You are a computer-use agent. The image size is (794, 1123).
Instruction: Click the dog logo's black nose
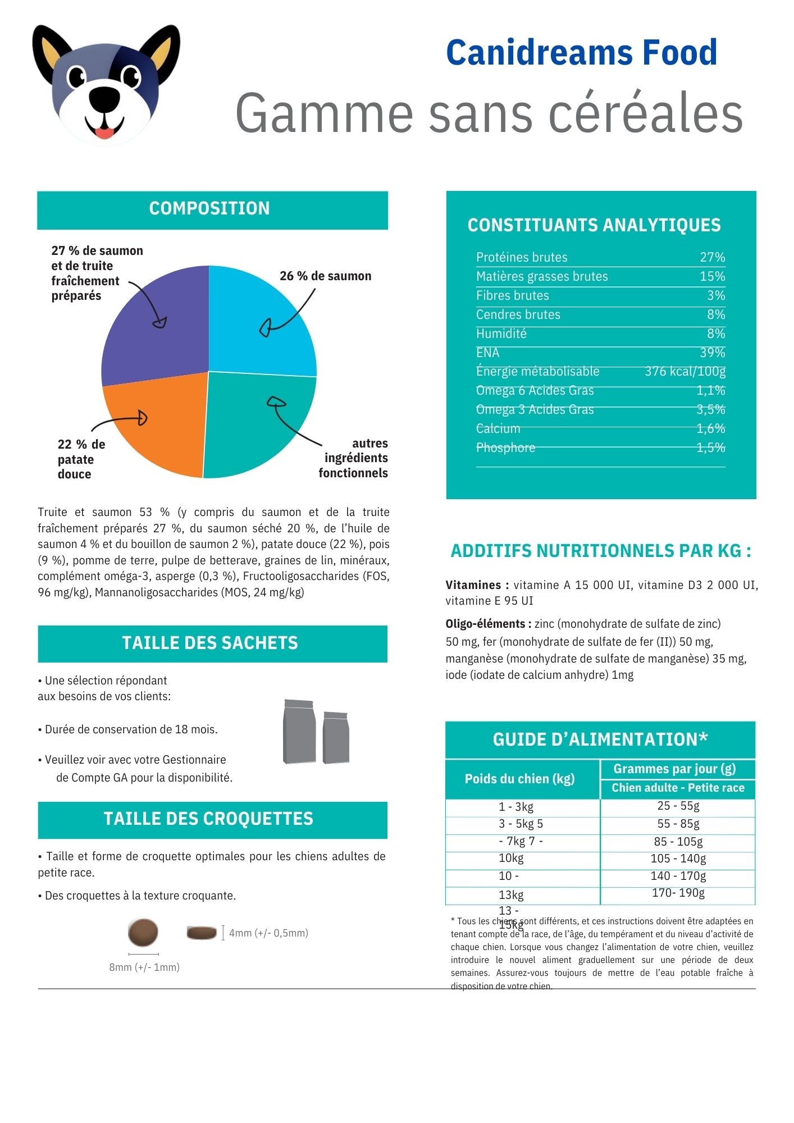(x=104, y=99)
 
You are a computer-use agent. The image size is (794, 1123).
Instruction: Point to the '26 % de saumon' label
(x=325, y=276)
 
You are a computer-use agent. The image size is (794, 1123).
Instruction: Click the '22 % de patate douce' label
(x=81, y=459)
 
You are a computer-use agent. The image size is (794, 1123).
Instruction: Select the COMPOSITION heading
(x=209, y=209)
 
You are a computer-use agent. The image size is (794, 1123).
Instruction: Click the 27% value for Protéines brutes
(x=712, y=257)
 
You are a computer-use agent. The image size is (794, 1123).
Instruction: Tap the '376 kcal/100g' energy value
(x=685, y=371)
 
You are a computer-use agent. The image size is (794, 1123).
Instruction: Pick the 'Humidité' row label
(x=501, y=334)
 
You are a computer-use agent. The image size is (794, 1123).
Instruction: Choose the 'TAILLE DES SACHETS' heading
(x=210, y=643)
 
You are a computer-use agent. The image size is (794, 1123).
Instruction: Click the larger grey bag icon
(x=299, y=732)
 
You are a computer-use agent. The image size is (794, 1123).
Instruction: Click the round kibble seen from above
(x=143, y=932)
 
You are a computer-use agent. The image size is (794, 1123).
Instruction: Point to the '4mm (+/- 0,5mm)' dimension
(x=268, y=933)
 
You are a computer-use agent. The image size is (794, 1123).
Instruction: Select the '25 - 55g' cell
(x=678, y=806)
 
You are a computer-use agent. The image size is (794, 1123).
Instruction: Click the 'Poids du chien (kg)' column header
(x=519, y=779)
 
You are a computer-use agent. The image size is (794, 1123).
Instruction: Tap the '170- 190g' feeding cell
(x=678, y=893)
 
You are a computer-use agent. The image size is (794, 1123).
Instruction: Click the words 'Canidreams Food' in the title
(x=581, y=52)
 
